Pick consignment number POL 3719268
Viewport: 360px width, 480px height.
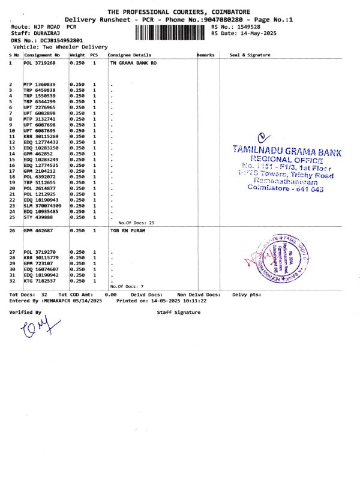tap(40, 62)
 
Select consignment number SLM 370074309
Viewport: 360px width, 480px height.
tap(43, 206)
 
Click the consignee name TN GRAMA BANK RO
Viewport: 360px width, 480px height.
tap(133, 62)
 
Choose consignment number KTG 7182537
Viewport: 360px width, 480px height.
tap(40, 281)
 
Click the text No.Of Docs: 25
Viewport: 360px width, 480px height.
tap(137, 223)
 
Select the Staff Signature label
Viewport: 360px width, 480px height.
tap(179, 313)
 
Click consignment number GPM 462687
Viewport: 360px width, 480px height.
tap(40, 230)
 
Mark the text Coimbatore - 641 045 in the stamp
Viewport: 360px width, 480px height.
tap(286, 187)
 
